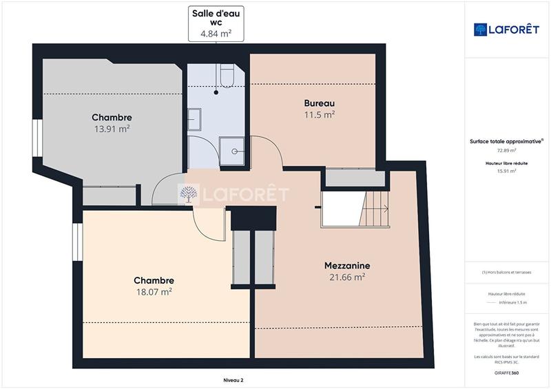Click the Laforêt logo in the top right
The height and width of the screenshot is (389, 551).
coord(506,30)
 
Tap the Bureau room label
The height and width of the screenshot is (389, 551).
coord(320,103)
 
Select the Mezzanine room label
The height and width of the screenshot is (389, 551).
coord(347,266)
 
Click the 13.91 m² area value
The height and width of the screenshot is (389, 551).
coord(112,128)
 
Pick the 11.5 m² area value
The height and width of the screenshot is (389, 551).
coord(320,114)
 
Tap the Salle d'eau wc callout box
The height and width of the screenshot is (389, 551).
coord(217,24)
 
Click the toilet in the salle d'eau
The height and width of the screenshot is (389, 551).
coord(227,76)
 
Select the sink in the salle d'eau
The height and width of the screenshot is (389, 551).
coord(195,118)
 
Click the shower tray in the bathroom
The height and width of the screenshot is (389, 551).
coord(231,149)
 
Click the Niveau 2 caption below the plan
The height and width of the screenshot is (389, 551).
coord(233,379)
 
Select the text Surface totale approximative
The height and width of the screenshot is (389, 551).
coord(506,141)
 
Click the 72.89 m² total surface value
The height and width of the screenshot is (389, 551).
coord(506,150)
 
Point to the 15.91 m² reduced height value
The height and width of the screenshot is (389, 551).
coord(506,171)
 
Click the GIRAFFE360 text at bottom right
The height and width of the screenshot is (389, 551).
coord(506,372)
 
